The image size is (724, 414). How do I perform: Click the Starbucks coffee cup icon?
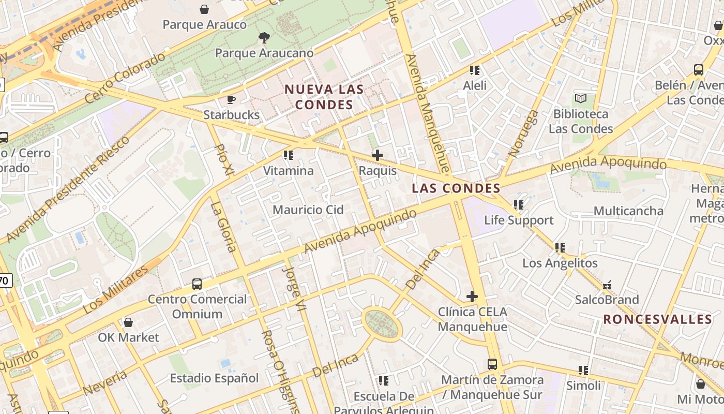click(231, 99)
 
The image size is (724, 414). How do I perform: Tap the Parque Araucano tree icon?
click(264, 37)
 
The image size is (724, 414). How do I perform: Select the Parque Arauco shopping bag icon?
click(205, 9)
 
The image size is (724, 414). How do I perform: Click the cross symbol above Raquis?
click(378, 155)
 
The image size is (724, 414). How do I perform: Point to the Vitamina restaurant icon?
click(289, 155)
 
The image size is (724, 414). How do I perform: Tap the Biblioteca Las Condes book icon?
click(581, 98)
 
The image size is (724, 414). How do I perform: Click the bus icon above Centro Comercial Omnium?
click(197, 284)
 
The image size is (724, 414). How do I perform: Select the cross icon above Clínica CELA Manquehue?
click(472, 297)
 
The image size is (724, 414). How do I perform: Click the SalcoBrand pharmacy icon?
click(607, 285)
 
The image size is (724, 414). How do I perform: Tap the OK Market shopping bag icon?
click(128, 322)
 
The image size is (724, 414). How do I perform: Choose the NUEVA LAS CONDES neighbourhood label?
click(324, 97)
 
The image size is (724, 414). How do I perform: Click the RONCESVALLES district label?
click(658, 319)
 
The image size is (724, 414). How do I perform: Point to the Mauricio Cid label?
click(308, 210)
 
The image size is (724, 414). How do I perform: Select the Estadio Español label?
click(214, 378)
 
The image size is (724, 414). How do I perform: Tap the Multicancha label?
click(628, 211)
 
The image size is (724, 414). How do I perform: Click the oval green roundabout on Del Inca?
click(382, 324)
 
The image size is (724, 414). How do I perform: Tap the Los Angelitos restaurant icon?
click(560, 248)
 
